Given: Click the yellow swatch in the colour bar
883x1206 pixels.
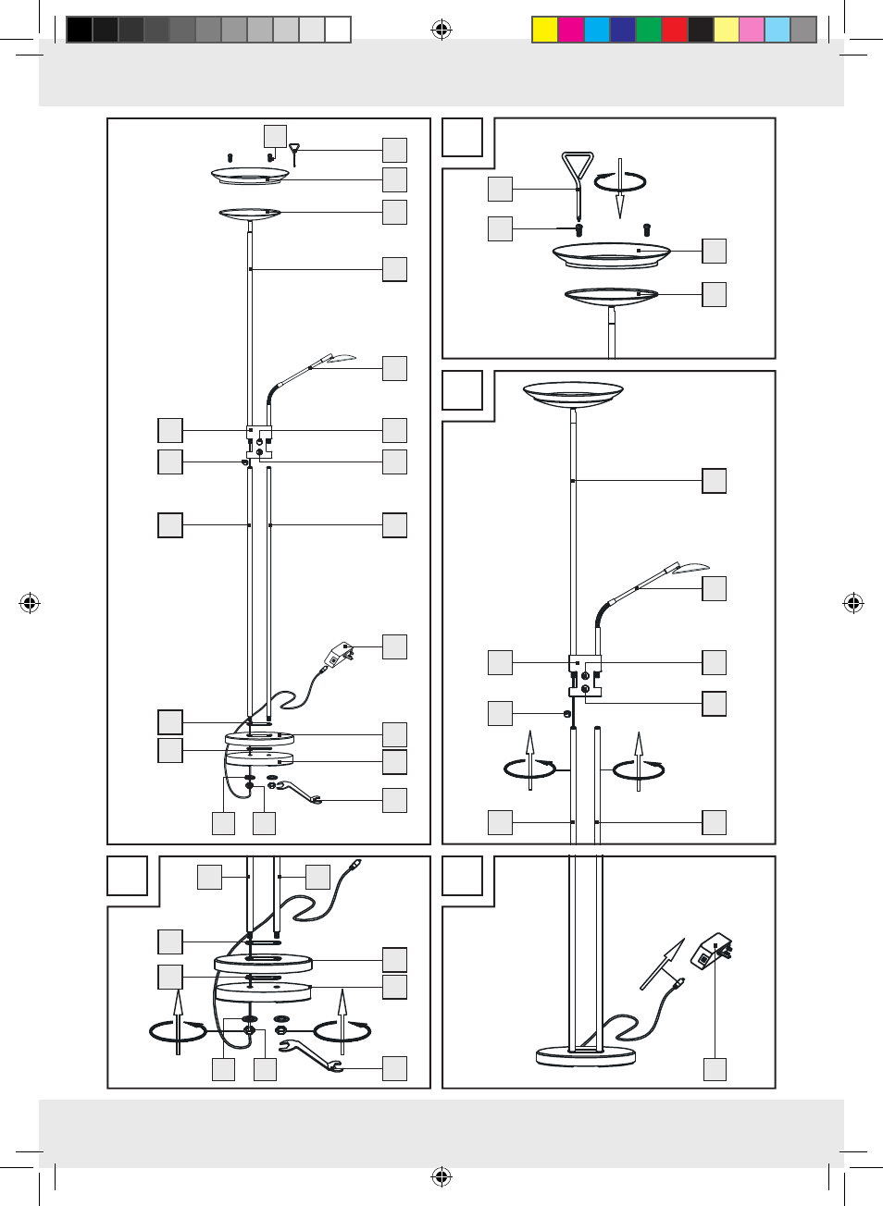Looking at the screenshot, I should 544,30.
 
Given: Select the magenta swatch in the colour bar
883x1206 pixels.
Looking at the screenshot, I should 570,30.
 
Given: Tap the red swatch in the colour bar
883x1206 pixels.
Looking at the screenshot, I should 674,30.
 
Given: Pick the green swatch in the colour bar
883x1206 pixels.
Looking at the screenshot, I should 648,30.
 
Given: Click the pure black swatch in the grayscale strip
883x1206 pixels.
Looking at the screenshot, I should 80,30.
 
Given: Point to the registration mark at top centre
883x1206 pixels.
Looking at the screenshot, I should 441,31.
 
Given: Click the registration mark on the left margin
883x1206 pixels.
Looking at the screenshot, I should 30,604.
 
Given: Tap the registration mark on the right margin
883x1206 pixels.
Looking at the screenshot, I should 853,604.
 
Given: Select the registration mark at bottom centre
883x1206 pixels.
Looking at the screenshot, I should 441,1177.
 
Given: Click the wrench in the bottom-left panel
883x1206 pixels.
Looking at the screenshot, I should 311,1055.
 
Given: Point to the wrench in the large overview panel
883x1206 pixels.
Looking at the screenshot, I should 296,792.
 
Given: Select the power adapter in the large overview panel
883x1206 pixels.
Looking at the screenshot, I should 338,656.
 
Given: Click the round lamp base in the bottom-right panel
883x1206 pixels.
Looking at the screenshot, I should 586,1055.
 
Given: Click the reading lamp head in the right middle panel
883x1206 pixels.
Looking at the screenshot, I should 689,568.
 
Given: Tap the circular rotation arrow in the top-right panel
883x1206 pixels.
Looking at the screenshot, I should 619,182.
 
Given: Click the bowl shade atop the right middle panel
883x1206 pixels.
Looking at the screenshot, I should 573,394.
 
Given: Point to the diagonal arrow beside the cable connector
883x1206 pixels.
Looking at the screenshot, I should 664,962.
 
